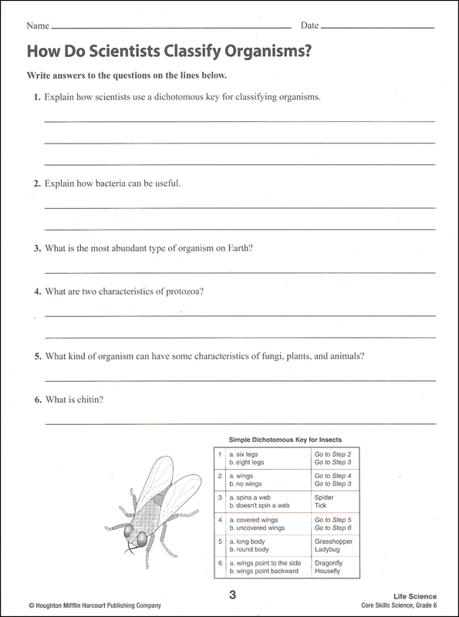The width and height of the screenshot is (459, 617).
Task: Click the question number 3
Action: click(x=36, y=248)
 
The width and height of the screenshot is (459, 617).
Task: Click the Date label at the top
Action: click(x=309, y=25)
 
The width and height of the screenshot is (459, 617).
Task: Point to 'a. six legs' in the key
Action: click(x=245, y=455)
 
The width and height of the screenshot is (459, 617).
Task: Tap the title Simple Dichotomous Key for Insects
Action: click(x=285, y=438)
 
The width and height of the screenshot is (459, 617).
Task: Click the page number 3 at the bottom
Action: click(x=230, y=595)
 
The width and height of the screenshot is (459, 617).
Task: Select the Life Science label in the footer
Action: click(x=415, y=595)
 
